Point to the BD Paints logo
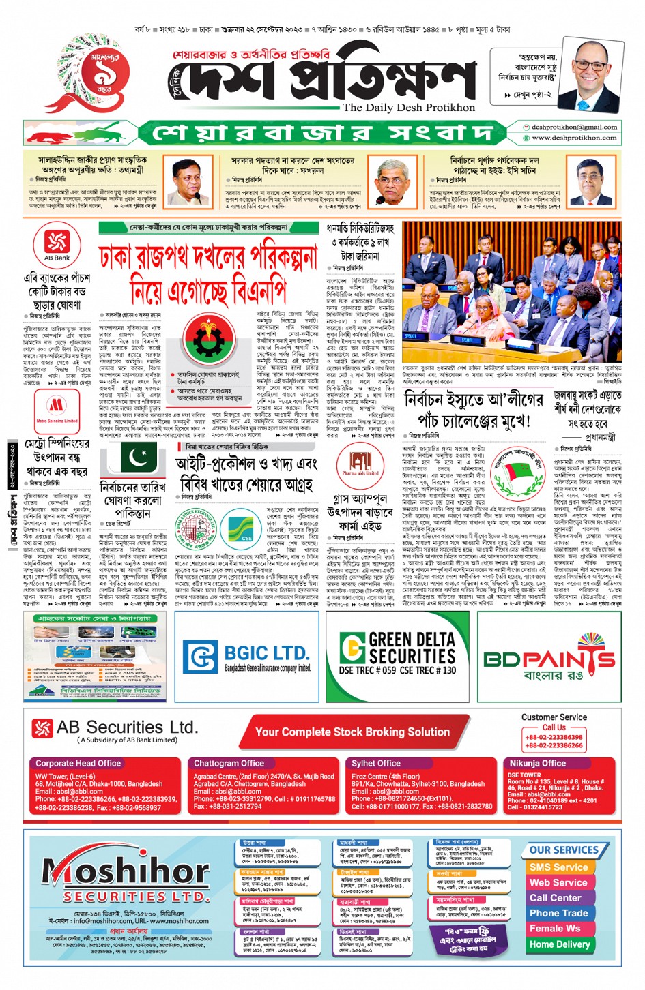tap(549, 658)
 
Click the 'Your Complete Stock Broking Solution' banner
tap(352, 732)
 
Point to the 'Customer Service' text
tap(554, 717)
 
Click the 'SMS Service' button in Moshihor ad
tap(558, 867)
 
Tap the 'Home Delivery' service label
tap(559, 944)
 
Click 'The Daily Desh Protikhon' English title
tap(408, 108)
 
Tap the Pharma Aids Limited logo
tap(360, 462)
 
